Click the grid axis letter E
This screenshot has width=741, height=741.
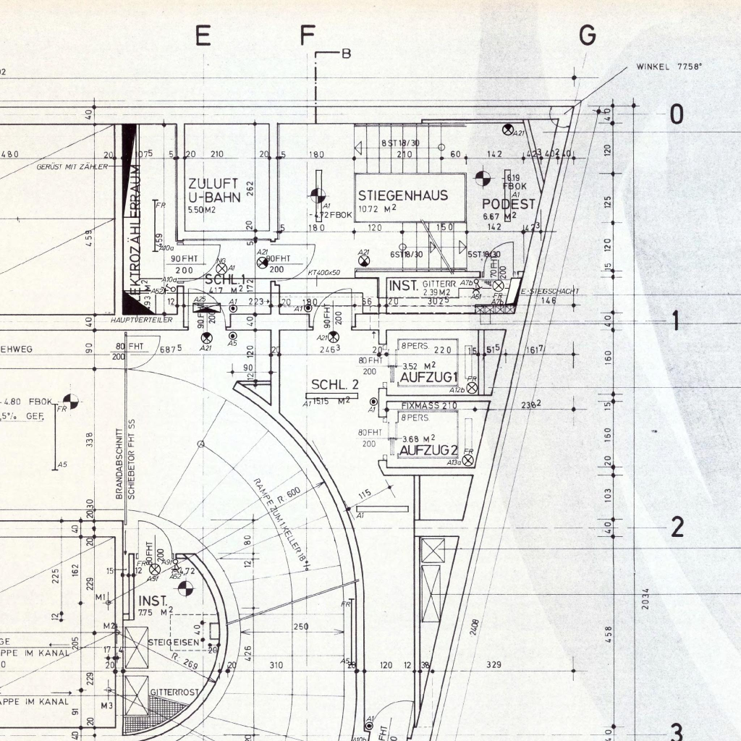click(x=203, y=35)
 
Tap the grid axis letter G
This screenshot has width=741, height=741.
click(x=588, y=35)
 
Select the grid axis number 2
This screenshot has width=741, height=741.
click(x=677, y=527)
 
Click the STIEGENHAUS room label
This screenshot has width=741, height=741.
click(x=402, y=195)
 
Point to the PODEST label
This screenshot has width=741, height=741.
click(x=509, y=204)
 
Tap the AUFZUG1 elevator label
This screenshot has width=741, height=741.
click(x=428, y=377)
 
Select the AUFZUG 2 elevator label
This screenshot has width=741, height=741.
click(x=428, y=450)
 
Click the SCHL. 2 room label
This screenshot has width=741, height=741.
click(x=335, y=384)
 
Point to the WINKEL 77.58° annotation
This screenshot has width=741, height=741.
click(x=669, y=67)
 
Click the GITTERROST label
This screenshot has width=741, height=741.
click(x=174, y=693)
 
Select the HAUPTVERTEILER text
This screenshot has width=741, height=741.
click(x=141, y=320)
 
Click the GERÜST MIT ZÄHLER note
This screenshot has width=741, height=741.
click(x=72, y=167)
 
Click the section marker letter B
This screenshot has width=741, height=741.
click(x=346, y=54)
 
